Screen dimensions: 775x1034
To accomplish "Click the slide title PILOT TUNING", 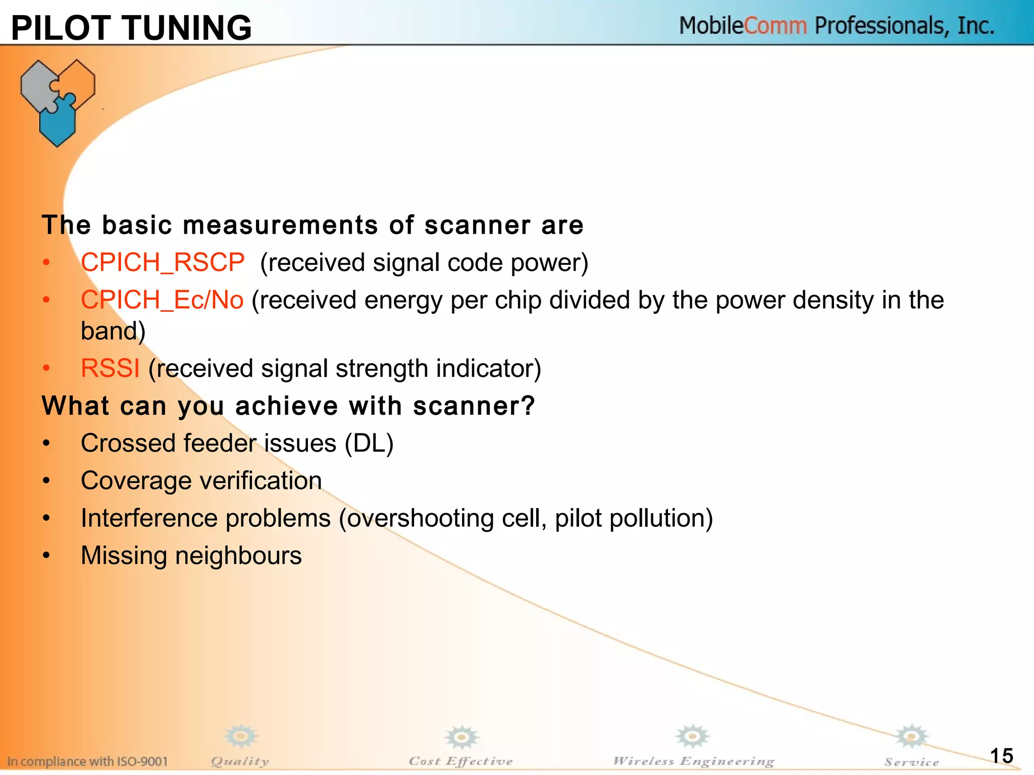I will click(131, 28).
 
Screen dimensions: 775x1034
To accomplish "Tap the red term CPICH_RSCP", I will click(163, 263).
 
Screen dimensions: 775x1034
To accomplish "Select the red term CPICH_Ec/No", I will click(162, 300).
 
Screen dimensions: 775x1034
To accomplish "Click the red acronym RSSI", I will click(110, 368).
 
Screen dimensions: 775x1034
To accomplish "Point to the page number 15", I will click(1002, 756).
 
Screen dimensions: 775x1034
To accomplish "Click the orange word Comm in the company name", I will click(775, 26).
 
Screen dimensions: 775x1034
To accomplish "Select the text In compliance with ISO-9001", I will click(87, 761).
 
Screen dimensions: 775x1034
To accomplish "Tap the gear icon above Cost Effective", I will click(461, 738).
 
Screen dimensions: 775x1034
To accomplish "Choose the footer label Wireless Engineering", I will click(694, 761).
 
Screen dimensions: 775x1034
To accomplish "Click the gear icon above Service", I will click(911, 737).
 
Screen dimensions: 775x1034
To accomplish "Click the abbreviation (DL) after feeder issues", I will click(369, 444).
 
